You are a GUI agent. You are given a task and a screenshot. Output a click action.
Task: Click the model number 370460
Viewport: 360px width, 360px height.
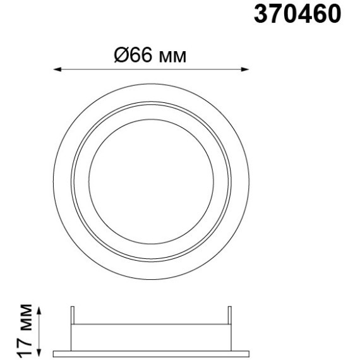297,15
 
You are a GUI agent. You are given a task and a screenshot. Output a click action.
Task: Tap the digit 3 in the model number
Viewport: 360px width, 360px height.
262,15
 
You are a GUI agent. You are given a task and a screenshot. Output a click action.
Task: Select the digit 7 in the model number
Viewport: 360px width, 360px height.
276,15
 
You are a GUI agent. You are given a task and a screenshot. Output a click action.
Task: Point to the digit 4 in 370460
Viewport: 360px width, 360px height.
304,15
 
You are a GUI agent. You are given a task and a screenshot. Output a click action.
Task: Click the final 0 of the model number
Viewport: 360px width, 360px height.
333,15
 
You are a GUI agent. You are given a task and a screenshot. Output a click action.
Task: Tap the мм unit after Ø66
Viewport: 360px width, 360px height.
172,57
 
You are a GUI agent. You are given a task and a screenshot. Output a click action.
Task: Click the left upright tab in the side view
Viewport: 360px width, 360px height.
73,316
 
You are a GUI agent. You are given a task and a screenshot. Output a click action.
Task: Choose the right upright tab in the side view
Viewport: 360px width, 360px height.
229,316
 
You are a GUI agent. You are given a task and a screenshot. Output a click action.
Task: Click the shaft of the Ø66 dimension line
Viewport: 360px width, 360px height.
151,69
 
